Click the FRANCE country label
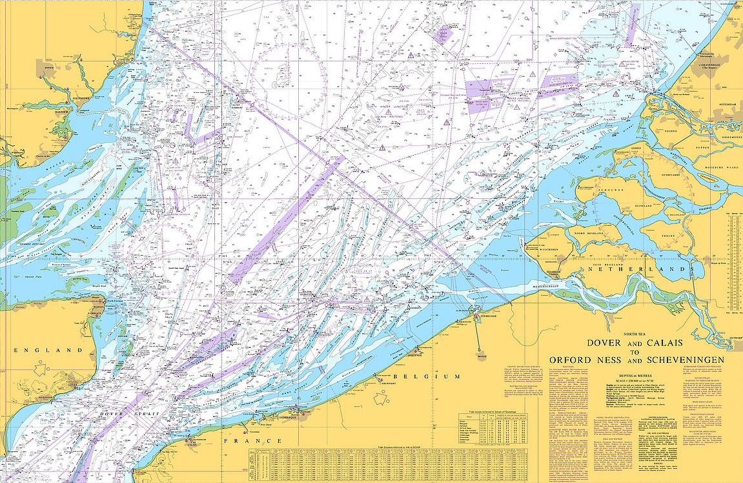252,440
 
